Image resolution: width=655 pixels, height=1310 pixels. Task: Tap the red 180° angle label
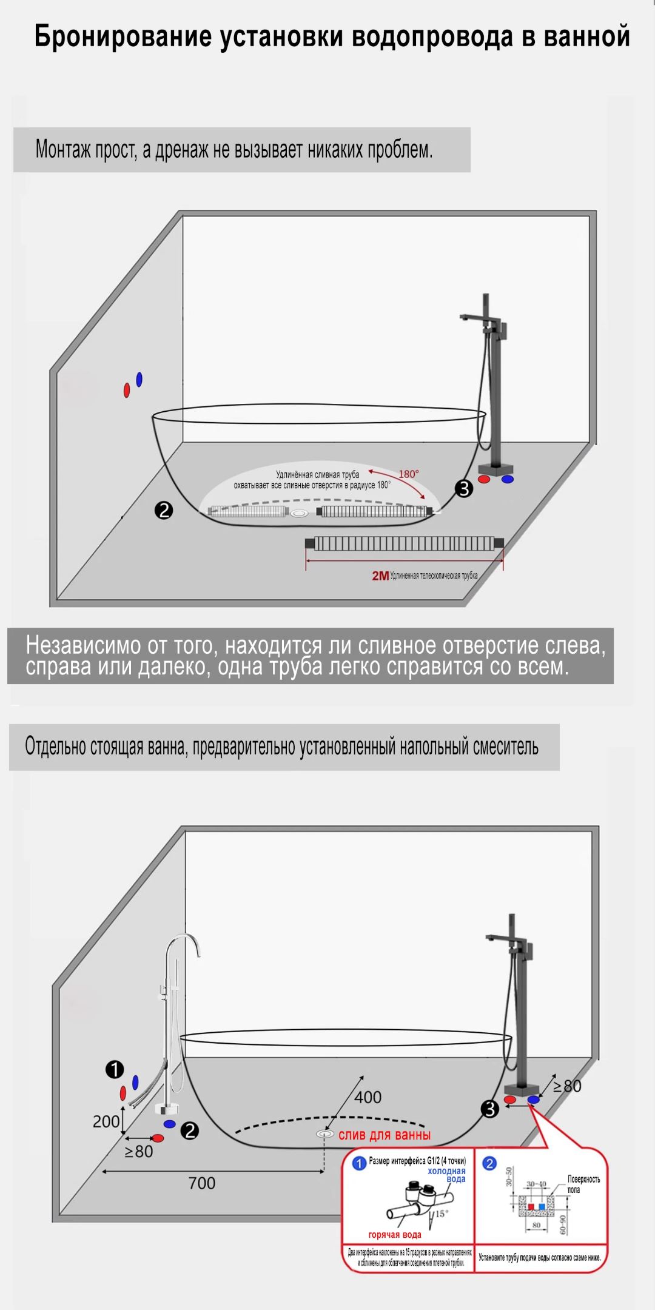pos(409,474)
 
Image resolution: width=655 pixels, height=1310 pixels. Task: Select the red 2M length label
pos(380,576)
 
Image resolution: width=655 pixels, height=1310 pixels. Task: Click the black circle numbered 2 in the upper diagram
pos(164,510)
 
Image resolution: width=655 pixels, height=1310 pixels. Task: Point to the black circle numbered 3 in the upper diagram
pos(464,488)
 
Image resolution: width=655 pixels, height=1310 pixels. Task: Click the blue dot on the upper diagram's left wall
pos(139,380)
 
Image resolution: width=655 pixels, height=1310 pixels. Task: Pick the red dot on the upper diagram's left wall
pos(127,390)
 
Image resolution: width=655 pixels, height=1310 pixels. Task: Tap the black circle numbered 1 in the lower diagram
pos(115,1070)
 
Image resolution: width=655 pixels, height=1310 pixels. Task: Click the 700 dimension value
pos(202,1183)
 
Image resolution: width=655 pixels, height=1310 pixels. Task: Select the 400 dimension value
pos(368,1097)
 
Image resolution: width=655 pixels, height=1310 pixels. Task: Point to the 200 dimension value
pos(106,1121)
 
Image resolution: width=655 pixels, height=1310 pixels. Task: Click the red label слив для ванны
pos(385,1135)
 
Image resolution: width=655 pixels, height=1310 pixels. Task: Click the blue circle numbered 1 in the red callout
pos(359,1163)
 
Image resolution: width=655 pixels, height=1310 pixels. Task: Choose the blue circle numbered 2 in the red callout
pos(489,1163)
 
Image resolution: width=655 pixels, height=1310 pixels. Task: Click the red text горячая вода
pos(394,1235)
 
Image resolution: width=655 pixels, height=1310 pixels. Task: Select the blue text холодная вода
pos(447,1175)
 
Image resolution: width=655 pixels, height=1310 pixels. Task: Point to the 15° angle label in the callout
pos(441,1214)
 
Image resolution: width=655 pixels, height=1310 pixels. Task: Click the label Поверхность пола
pos(583,1184)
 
